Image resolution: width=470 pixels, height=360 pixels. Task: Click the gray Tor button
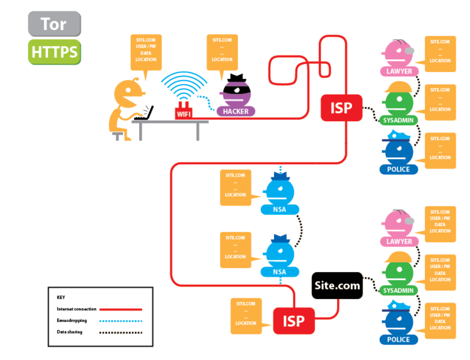(54, 24)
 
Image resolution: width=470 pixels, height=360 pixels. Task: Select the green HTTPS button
(54, 52)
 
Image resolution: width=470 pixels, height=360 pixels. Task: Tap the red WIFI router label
(184, 114)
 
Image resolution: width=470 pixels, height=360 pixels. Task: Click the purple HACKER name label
(236, 111)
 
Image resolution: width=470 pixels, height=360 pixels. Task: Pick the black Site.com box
(337, 285)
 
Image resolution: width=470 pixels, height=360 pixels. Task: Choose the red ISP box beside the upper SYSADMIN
(341, 108)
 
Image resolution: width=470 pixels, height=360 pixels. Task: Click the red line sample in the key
(120, 309)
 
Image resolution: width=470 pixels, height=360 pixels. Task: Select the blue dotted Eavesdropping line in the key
(120, 321)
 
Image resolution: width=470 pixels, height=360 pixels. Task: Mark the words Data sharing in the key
(70, 332)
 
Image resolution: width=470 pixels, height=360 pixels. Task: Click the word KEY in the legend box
(61, 297)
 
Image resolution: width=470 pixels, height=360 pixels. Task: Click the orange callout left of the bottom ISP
(246, 315)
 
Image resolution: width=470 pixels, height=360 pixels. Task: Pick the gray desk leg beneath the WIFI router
(198, 131)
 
